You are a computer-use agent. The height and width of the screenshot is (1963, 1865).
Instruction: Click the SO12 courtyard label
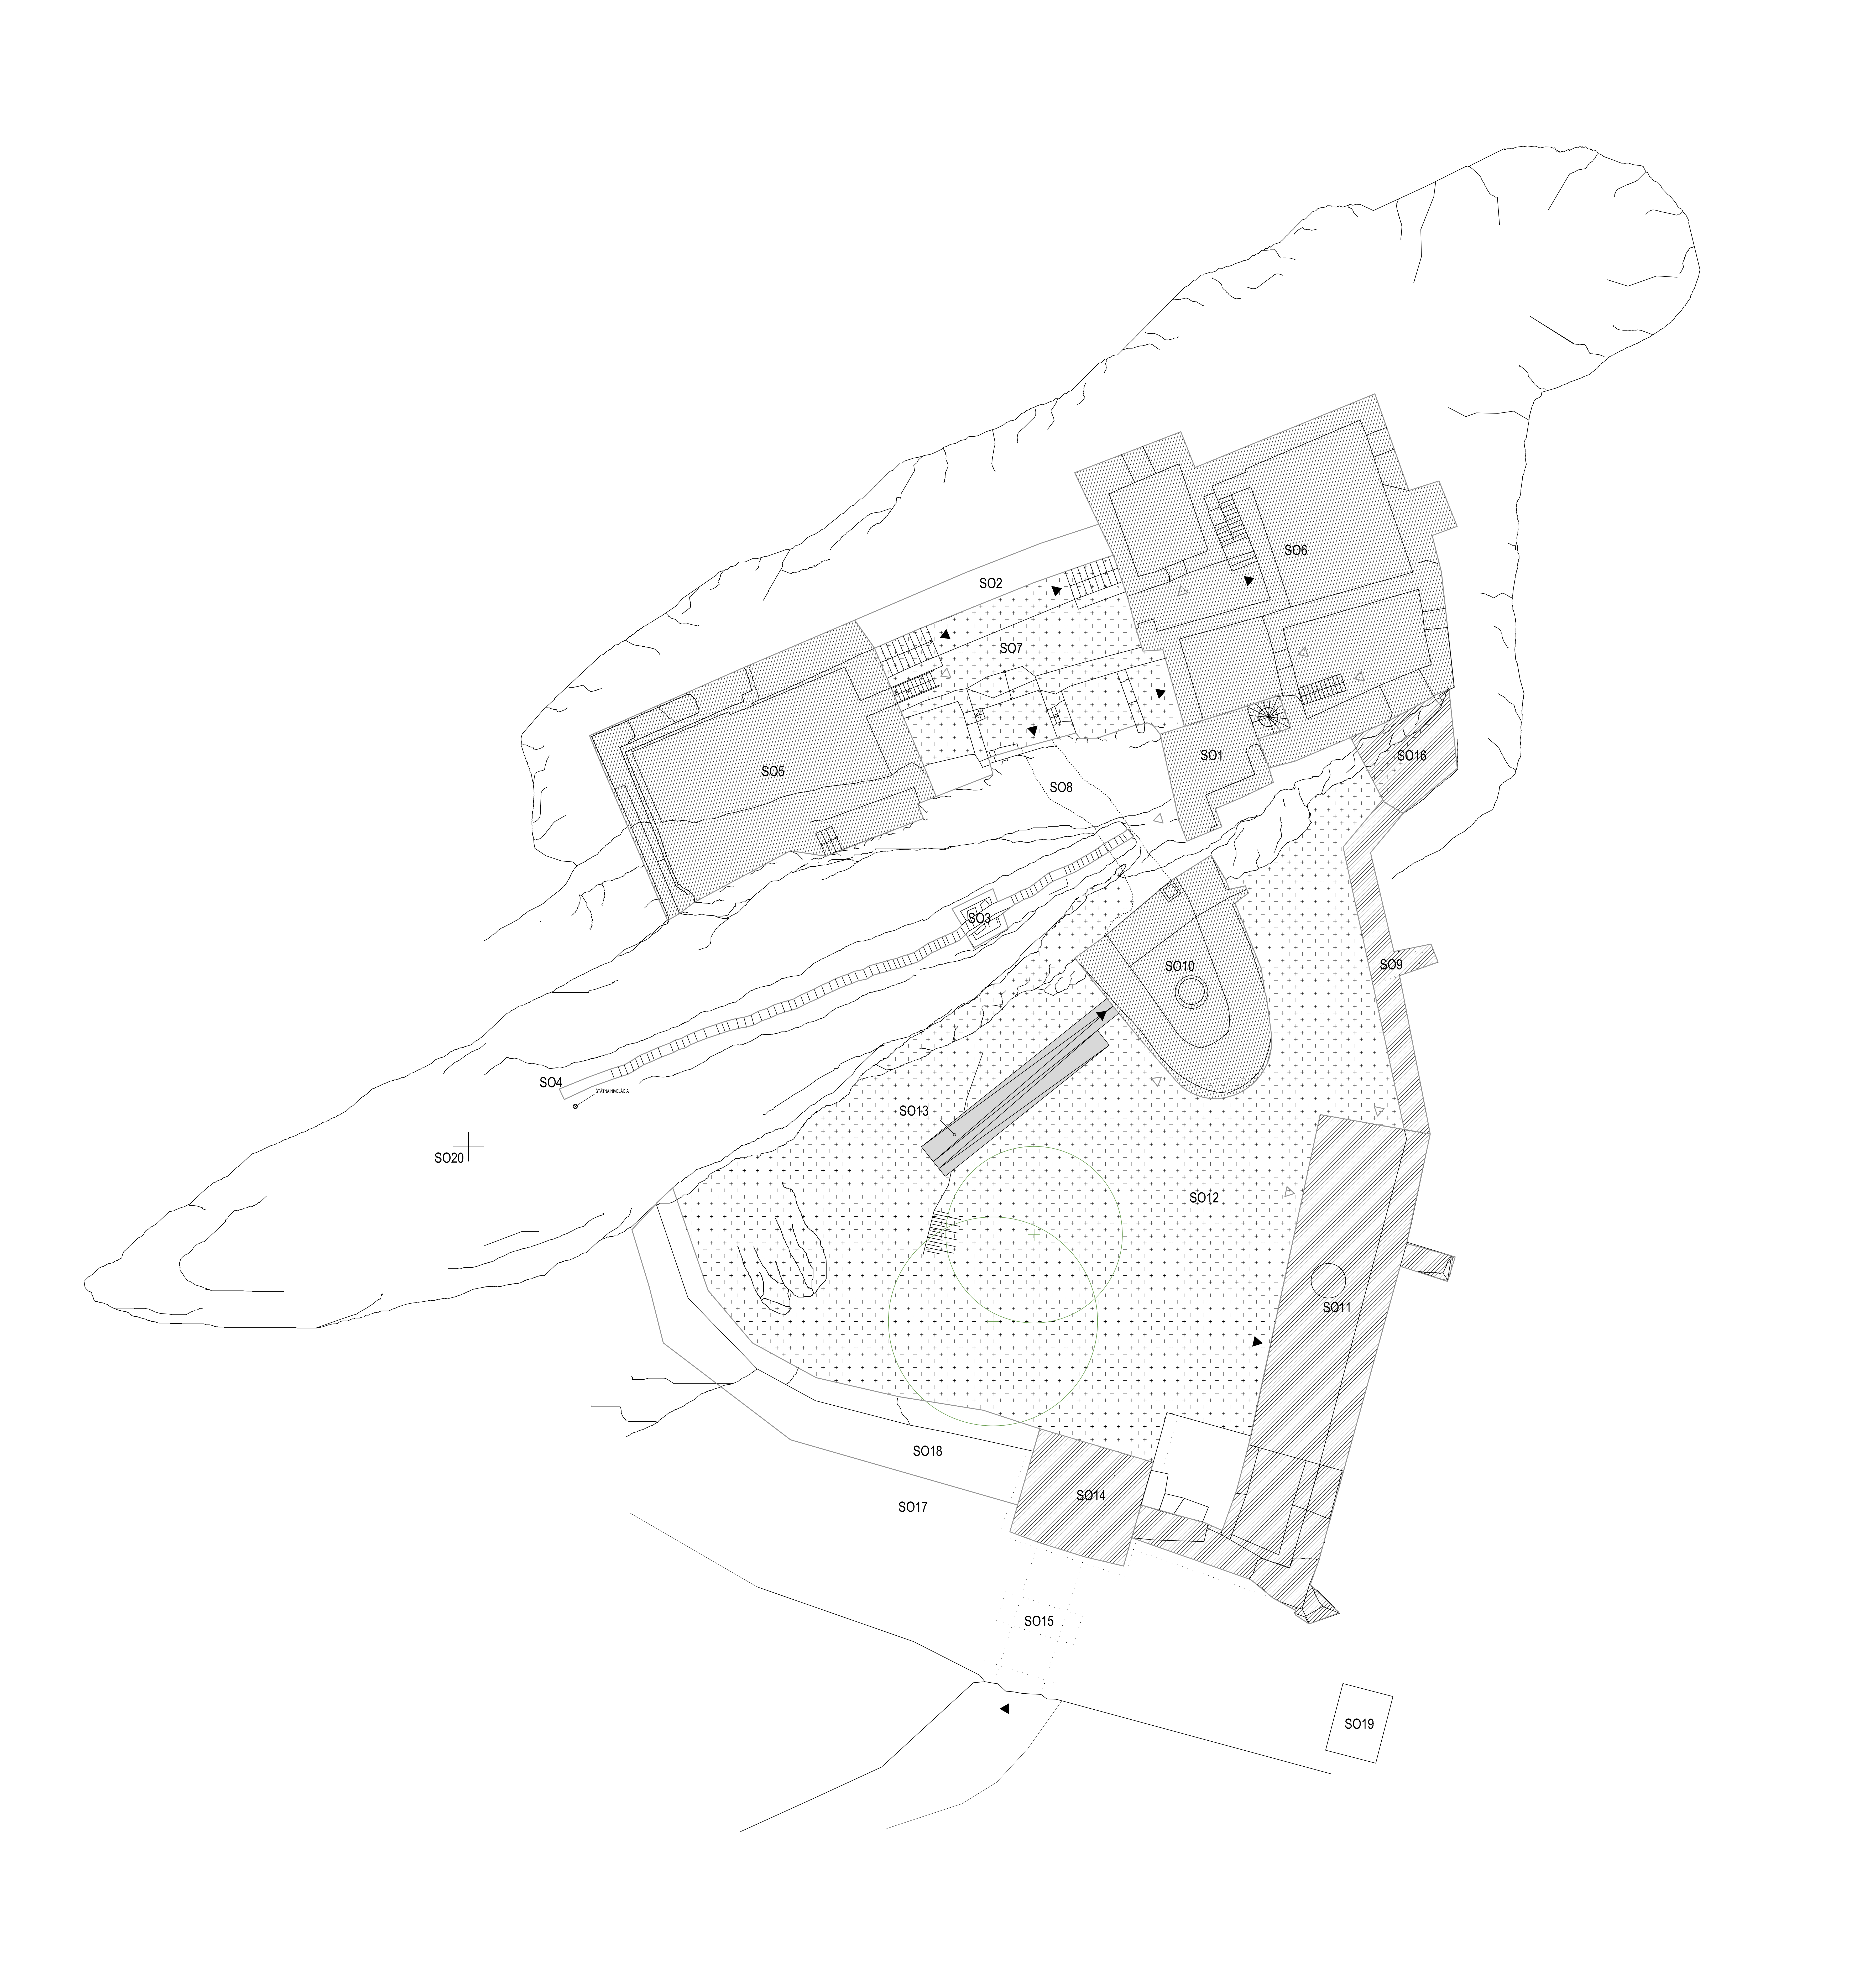click(x=1204, y=1198)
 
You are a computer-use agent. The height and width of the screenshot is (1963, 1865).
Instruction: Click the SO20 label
click(x=448, y=1158)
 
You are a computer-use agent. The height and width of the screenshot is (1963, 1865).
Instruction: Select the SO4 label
click(x=551, y=1082)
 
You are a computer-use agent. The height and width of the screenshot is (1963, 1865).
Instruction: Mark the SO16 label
click(x=1412, y=755)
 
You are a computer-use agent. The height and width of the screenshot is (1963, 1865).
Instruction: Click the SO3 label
click(x=979, y=917)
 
